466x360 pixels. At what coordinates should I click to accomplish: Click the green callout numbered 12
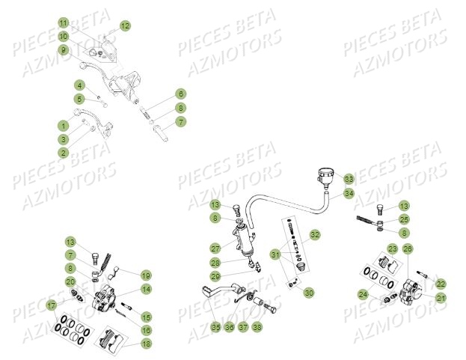pyautogui.click(x=125, y=25)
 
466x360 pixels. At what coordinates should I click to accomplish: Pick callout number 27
pyautogui.click(x=215, y=248)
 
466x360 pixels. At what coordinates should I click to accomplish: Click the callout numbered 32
pyautogui.click(x=315, y=235)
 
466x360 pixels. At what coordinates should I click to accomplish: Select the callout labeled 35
pyautogui.click(x=215, y=326)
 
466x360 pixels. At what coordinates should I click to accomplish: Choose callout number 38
pyautogui.click(x=257, y=326)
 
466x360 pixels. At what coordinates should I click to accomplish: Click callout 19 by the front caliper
pyautogui.click(x=146, y=275)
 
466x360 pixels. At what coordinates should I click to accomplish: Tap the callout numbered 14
pyautogui.click(x=146, y=290)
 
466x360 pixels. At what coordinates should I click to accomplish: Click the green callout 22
pyautogui.click(x=441, y=284)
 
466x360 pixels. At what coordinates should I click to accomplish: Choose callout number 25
pyautogui.click(x=404, y=219)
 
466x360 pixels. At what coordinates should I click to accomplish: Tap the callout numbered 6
pyautogui.click(x=181, y=94)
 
